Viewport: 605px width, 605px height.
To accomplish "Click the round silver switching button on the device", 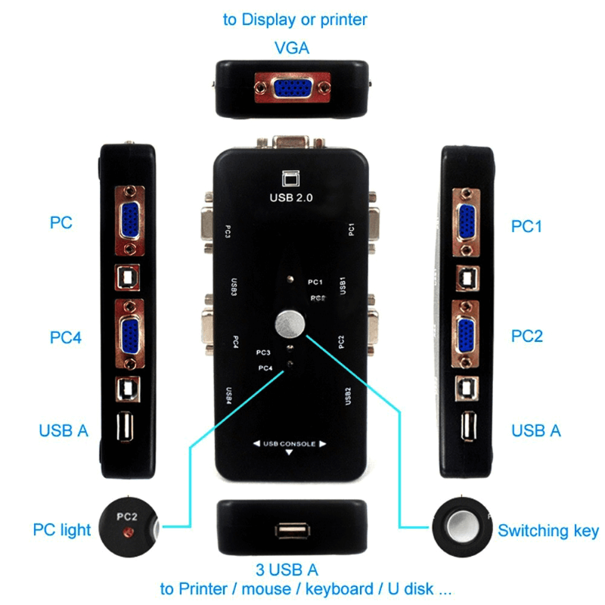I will [x=290, y=325].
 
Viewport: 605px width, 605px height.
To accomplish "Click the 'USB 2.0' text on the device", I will [x=291, y=199].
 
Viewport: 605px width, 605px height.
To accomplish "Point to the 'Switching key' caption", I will [x=548, y=531].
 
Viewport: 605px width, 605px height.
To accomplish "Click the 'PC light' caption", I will [x=62, y=529].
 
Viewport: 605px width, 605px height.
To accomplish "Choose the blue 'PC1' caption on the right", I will [x=527, y=226].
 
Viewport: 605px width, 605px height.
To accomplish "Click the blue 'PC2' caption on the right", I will [x=527, y=336].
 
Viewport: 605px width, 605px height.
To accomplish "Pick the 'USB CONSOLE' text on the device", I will [x=289, y=444].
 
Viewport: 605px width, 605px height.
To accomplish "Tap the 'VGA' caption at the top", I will [x=291, y=48].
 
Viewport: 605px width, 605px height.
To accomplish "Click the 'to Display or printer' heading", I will [x=295, y=20].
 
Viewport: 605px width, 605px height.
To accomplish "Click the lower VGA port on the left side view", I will [x=128, y=333].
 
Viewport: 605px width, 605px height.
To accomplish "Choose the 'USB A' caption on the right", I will [x=536, y=430].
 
